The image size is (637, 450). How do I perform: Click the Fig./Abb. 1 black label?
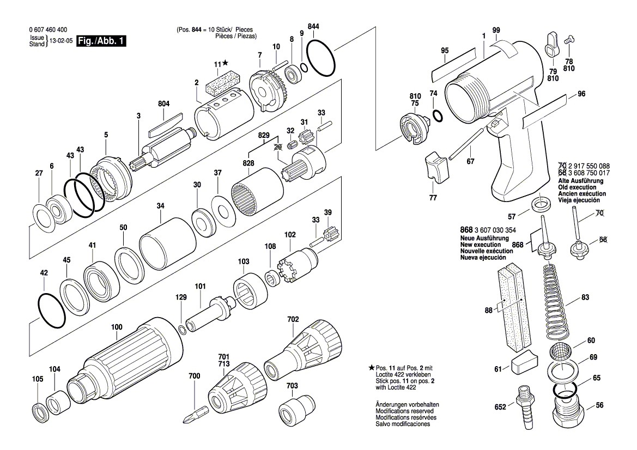pyautogui.click(x=102, y=41)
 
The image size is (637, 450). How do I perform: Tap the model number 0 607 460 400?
pyautogui.click(x=47, y=30)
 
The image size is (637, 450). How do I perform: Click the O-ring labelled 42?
pyautogui.click(x=52, y=311)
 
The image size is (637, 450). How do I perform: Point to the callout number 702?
pyautogui.click(x=293, y=319)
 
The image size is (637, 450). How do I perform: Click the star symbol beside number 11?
pyautogui.click(x=226, y=64)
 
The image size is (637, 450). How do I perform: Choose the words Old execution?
pyautogui.click(x=578, y=187)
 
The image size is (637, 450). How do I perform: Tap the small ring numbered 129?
pyautogui.click(x=183, y=328)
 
